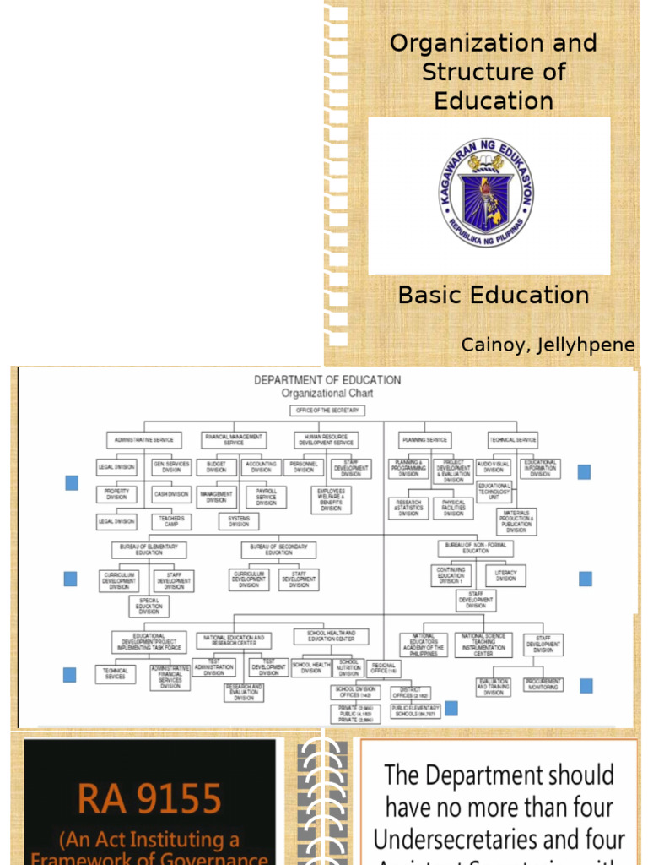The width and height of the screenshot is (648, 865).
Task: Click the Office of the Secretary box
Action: [327, 411]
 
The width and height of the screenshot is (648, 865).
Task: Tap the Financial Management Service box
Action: [234, 439]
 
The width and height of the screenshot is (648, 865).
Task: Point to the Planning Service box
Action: [425, 440]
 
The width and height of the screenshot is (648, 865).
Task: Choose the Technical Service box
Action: [513, 440]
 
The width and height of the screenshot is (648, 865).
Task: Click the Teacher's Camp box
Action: [171, 521]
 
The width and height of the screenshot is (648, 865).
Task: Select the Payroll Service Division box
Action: [266, 497]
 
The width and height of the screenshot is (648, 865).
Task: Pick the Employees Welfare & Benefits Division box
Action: [331, 499]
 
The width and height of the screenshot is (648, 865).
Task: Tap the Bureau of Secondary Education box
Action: [278, 549]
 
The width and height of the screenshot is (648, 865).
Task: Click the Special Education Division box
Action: [149, 606]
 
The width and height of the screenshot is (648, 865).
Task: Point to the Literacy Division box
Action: [505, 576]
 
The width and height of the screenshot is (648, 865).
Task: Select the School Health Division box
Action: [311, 666]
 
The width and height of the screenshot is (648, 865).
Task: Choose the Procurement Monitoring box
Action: [544, 685]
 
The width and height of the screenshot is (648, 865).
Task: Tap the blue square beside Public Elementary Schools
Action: [451, 708]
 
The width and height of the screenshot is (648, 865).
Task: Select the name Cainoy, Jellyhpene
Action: [548, 345]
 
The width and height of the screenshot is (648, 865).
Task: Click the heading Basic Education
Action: [493, 295]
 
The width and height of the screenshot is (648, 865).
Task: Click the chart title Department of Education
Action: [327, 380]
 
